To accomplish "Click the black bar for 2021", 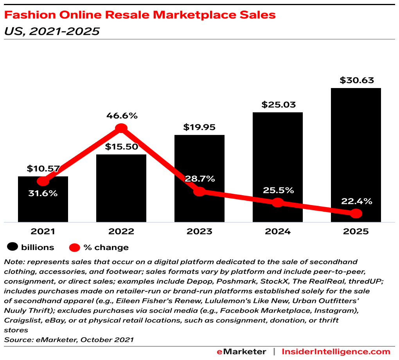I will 43,203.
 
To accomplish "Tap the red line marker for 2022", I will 121,128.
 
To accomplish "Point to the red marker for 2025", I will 356,213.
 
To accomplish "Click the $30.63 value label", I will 356,81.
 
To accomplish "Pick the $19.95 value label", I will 199,127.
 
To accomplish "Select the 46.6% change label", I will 122,116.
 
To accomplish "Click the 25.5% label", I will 278,190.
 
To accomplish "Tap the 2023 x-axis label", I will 199,231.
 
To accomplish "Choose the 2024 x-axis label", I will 278,231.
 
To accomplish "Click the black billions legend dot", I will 13,247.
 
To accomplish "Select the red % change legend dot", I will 74,247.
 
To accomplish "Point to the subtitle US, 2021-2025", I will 52,31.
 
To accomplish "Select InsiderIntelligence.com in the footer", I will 336,351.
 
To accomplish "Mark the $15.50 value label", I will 121,147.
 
